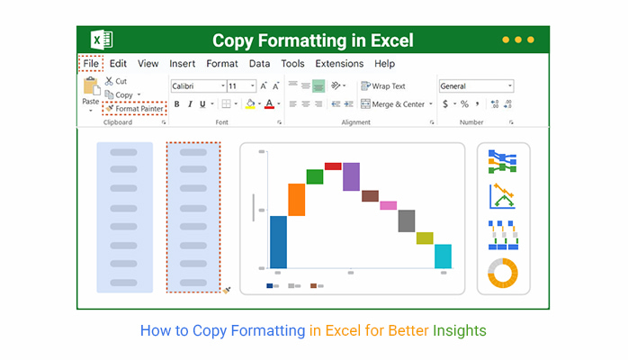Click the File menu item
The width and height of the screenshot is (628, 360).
coord(91,64)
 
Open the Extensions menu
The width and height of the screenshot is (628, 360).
coord(339,64)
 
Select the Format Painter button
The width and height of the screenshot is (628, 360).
coord(135,109)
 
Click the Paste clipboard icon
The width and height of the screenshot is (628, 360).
coord(91,87)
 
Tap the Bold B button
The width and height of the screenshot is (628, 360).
coord(176,104)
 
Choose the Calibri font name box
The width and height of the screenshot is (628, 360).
coord(199,86)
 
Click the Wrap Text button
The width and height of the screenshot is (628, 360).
coord(383,86)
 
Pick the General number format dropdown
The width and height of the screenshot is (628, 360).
coord(476,86)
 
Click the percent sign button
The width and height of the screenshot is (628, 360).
coord(464,104)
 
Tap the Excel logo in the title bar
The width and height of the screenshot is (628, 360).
coord(102,40)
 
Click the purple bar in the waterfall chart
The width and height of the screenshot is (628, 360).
coord(351,176)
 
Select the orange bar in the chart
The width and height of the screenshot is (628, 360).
coord(296,200)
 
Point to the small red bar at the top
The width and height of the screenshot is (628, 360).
coord(333,166)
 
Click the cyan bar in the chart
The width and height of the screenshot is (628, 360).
coord(443,256)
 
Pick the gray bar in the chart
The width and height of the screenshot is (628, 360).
coord(407,220)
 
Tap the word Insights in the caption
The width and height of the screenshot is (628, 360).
coord(460,331)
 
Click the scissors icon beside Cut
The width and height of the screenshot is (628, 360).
coord(109,81)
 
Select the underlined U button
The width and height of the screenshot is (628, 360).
coord(202,104)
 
